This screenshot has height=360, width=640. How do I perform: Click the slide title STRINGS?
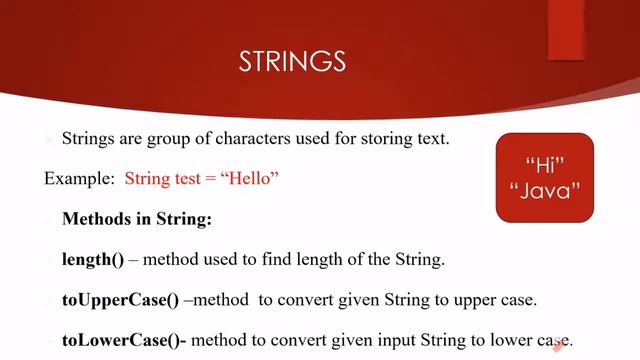(292, 62)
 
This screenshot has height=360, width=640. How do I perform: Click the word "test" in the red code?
(191, 180)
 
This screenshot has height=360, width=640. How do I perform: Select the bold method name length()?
(93, 259)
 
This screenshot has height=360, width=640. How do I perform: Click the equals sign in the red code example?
(217, 180)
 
